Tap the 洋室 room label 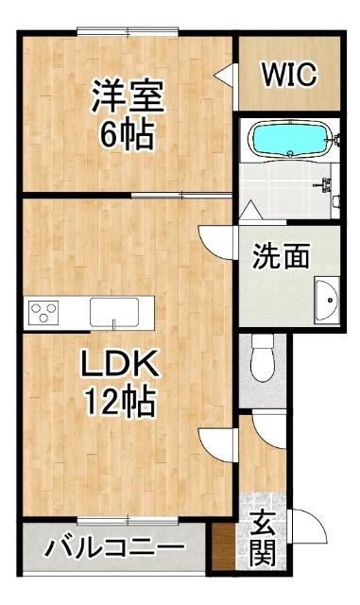tap(128, 96)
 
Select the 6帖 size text tap(128, 134)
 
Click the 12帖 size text tap(120, 401)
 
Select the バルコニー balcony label tap(114, 547)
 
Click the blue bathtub tap(290, 139)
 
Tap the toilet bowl tap(263, 358)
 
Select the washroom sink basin tap(326, 300)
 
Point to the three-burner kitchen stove tap(44, 311)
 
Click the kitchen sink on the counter tap(114, 312)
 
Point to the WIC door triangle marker tap(224, 75)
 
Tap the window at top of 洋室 tap(128, 31)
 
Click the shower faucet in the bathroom tap(325, 185)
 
